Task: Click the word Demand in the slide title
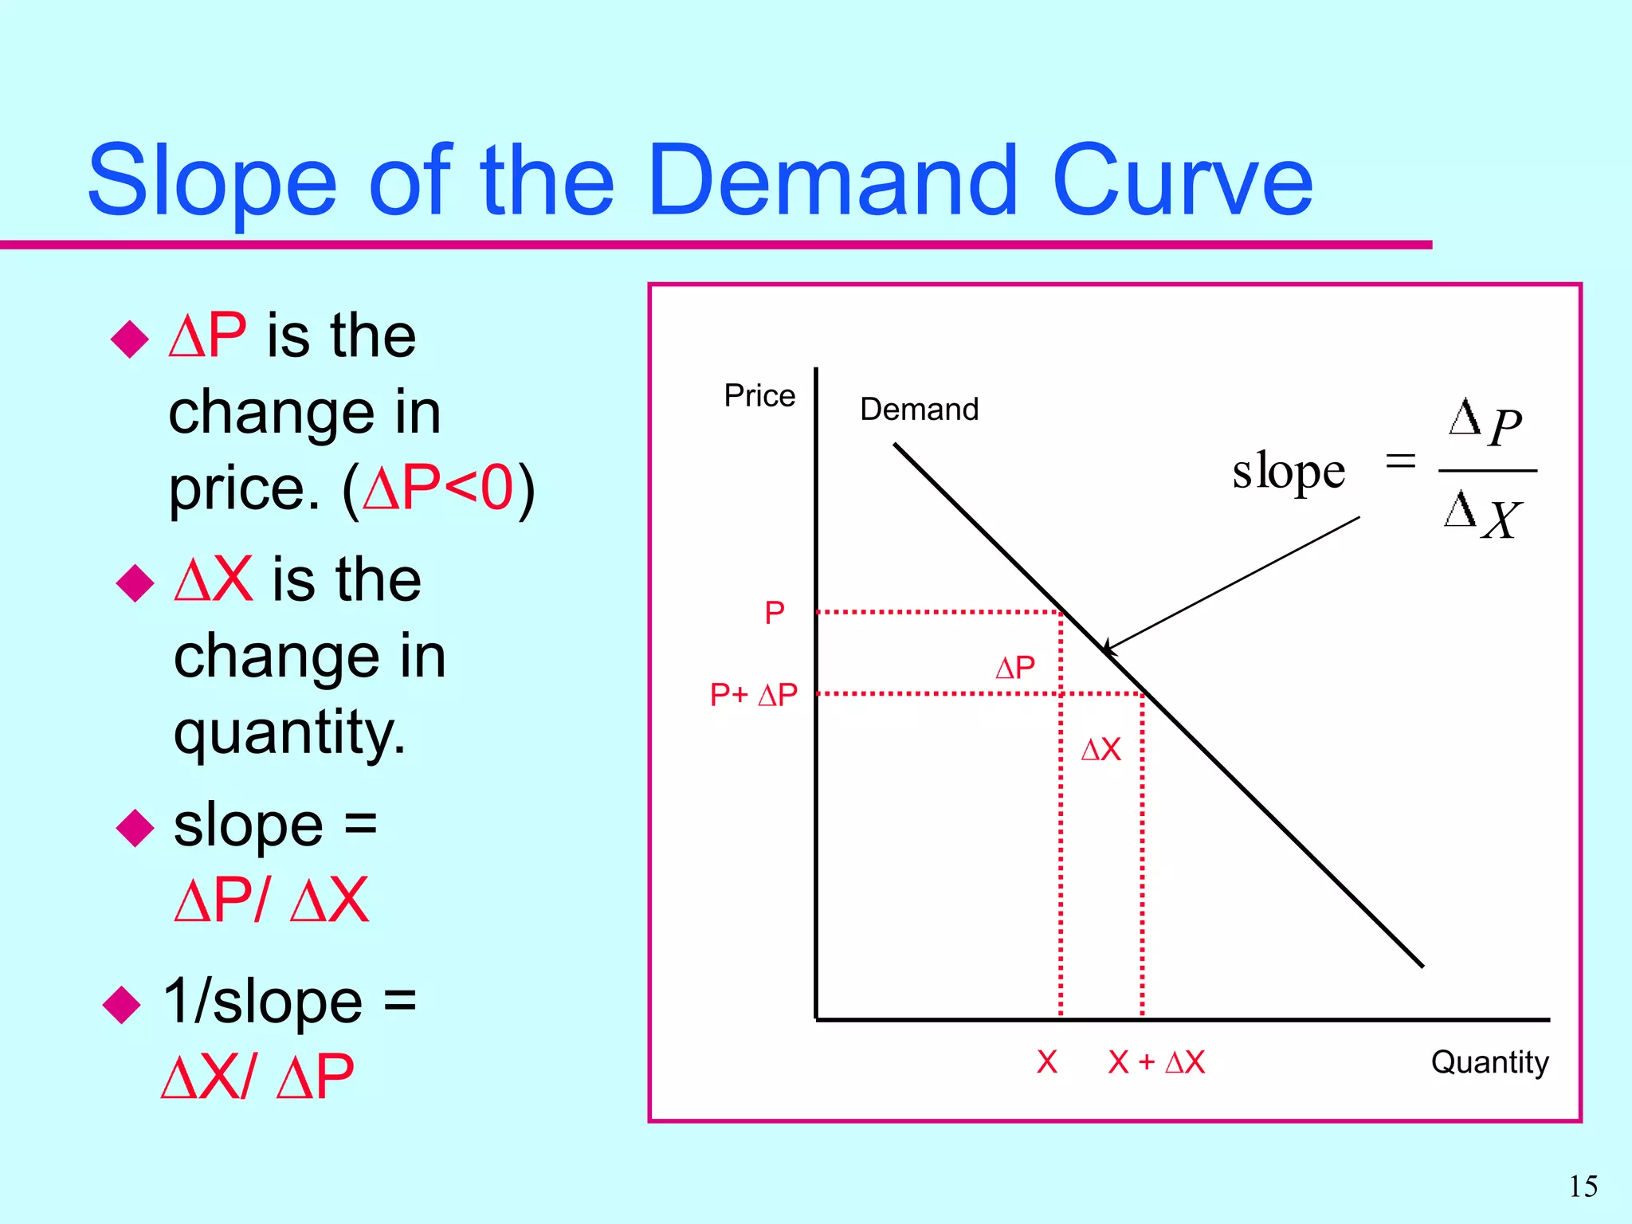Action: [833, 181]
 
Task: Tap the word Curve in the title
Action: [1183, 181]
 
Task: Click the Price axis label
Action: [759, 396]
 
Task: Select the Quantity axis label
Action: [1489, 1062]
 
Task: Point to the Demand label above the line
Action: [919, 410]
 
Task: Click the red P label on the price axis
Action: [774, 613]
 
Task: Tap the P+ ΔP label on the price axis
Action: [753, 695]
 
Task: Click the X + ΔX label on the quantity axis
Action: [1156, 1062]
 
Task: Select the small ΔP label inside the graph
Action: [1015, 668]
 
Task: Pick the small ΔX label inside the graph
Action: [1100, 750]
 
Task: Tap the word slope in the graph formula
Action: [1289, 471]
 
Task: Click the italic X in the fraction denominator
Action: [1502, 520]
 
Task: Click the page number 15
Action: [1583, 1187]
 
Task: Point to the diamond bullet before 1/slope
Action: [122, 1004]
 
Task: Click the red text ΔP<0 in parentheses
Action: [438, 488]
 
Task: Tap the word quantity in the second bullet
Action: [289, 732]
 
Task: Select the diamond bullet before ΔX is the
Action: [135, 583]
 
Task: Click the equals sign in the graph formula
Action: [1400, 461]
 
